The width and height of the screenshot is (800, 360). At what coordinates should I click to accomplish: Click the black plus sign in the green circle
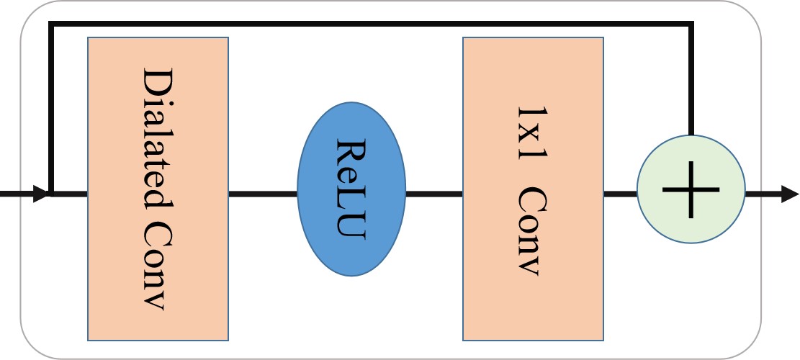(x=691, y=189)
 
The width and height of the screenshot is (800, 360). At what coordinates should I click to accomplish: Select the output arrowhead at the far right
(x=789, y=194)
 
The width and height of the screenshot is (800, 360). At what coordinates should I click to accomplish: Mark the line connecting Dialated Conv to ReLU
(x=263, y=194)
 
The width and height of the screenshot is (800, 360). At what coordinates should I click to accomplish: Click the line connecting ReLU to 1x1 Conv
(x=433, y=194)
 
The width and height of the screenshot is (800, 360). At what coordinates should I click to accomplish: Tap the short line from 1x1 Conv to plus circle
(x=620, y=194)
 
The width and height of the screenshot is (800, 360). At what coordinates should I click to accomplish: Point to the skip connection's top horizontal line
(x=371, y=25)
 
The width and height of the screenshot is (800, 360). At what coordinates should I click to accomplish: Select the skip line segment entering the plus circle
(x=691, y=79)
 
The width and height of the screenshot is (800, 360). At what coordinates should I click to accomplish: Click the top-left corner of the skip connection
(x=50, y=25)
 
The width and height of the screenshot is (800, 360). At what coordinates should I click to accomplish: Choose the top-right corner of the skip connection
(x=691, y=25)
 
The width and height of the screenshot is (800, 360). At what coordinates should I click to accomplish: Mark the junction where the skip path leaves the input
(x=50, y=194)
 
